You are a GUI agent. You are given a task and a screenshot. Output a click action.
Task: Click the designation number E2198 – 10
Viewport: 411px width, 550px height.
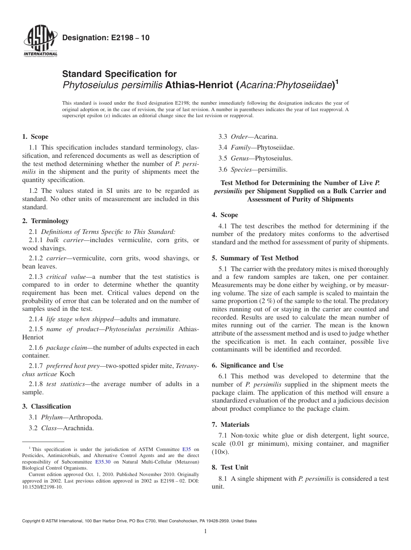[106, 38]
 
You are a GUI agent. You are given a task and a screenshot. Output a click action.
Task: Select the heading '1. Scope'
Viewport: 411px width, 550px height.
[35, 137]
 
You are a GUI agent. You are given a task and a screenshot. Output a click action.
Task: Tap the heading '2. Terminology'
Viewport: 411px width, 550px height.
[45, 221]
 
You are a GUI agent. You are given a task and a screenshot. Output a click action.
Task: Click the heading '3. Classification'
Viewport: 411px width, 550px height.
[47, 406]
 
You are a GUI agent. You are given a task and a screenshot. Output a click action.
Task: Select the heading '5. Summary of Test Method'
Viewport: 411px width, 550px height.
[255, 258]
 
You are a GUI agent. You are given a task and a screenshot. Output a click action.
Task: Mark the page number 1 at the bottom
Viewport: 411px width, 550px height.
[205, 531]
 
